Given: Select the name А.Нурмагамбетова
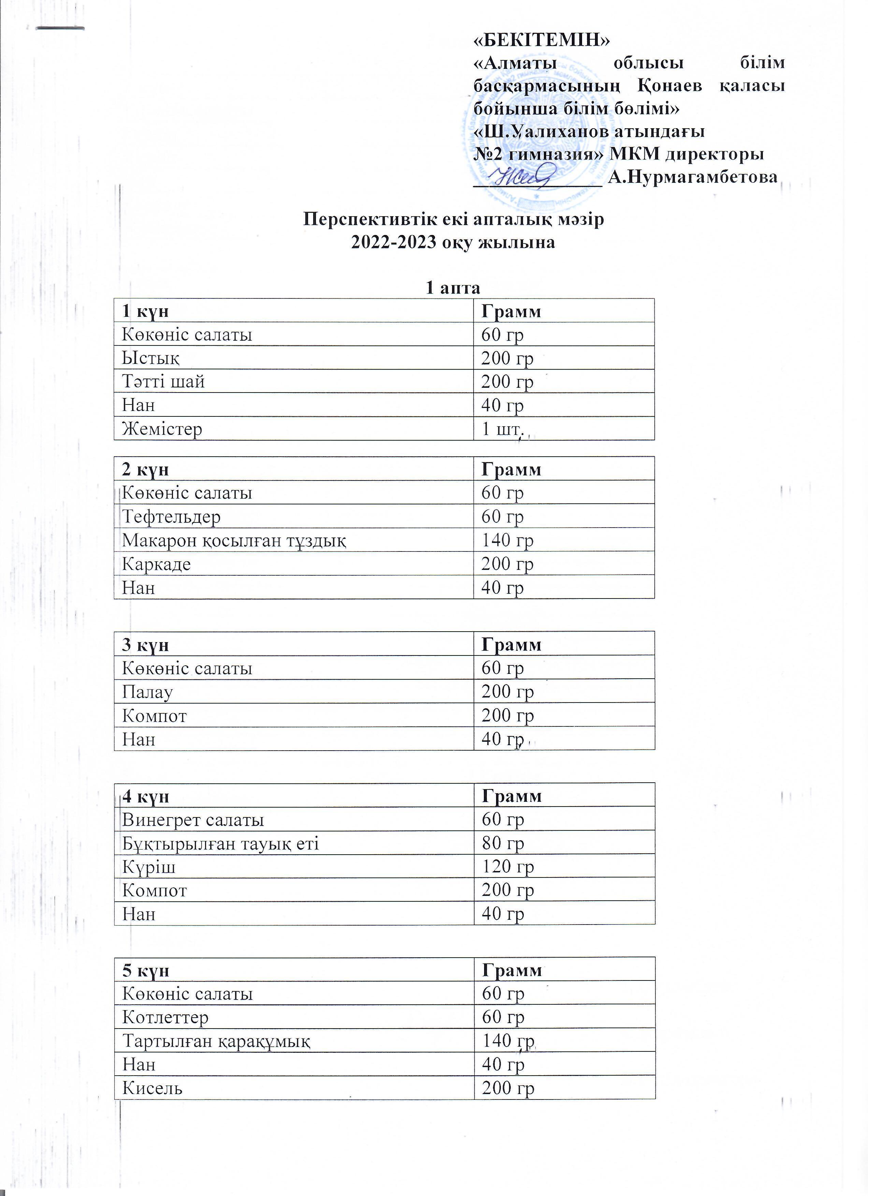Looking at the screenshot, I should click(x=693, y=177).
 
